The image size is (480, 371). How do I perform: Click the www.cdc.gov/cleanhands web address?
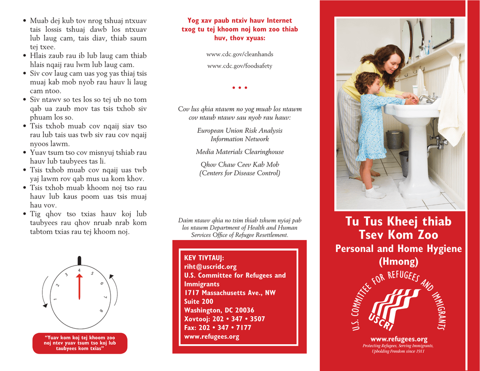[240, 54]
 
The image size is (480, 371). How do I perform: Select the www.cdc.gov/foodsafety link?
[240, 66]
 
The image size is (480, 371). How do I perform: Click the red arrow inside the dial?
[79, 286]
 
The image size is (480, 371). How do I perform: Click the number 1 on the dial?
[55, 300]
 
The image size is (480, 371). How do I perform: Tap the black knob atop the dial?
[79, 260]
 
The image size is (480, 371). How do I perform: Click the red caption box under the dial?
[79, 343]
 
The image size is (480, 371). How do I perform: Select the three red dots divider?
[240, 88]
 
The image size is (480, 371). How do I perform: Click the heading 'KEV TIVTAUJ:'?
[204, 258]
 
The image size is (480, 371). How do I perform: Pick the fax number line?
[217, 328]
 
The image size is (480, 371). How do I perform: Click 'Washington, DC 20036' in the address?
[219, 310]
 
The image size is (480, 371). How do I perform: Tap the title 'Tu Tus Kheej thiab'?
[398, 221]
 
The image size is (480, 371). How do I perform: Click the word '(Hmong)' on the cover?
[398, 262]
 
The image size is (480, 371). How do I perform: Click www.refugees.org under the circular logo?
[398, 339]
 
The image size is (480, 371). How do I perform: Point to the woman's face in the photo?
[392, 62]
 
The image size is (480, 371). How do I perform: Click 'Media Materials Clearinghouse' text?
[240, 152]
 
